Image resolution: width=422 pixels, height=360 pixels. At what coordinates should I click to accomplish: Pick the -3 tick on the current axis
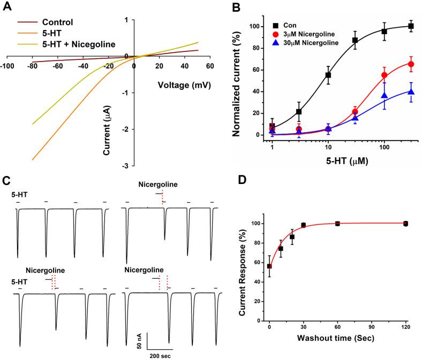point(125,166)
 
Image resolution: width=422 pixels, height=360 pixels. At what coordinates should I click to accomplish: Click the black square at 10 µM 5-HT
point(328,75)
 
